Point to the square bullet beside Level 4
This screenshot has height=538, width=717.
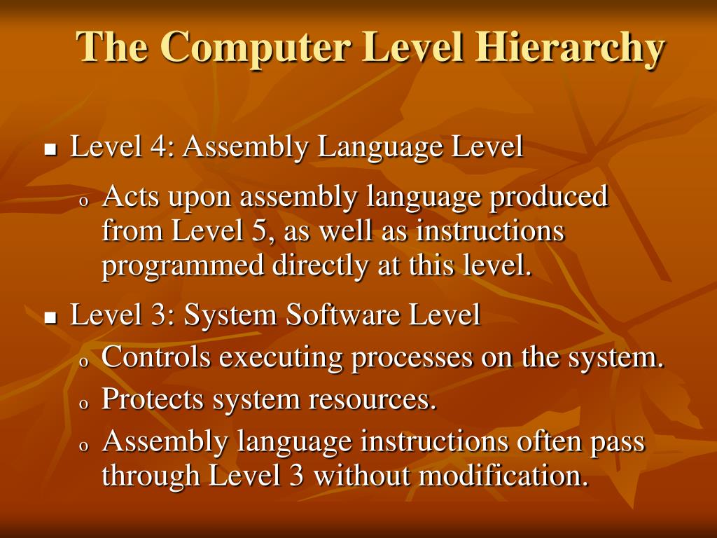pos(50,150)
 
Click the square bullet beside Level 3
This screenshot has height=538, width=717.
pos(50,318)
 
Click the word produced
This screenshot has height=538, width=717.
pos(548,197)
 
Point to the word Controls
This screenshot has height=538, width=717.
pos(156,358)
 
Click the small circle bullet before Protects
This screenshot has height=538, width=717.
pos(83,404)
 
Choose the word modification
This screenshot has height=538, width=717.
pos(501,476)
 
